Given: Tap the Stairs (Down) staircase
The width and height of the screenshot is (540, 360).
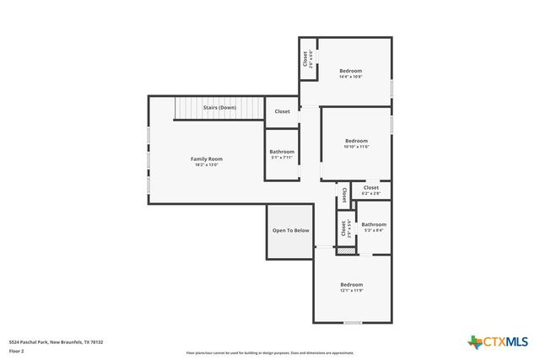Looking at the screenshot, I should (219, 109).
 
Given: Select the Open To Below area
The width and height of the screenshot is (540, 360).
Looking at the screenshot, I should (290, 230).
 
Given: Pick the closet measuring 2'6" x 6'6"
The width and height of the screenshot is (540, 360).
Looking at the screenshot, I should (306, 59).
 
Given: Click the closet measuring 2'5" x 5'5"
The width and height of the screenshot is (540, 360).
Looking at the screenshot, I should (344, 228).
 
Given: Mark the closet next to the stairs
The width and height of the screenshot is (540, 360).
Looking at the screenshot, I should (282, 110).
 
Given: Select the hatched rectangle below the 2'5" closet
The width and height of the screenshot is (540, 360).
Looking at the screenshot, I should (345, 250).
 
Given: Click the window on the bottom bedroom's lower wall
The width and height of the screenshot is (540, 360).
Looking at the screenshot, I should (353, 322).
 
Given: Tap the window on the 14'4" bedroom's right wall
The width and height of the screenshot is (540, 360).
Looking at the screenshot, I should (391, 87).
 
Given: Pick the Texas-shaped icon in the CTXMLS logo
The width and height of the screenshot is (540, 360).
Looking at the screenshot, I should (474, 341).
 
